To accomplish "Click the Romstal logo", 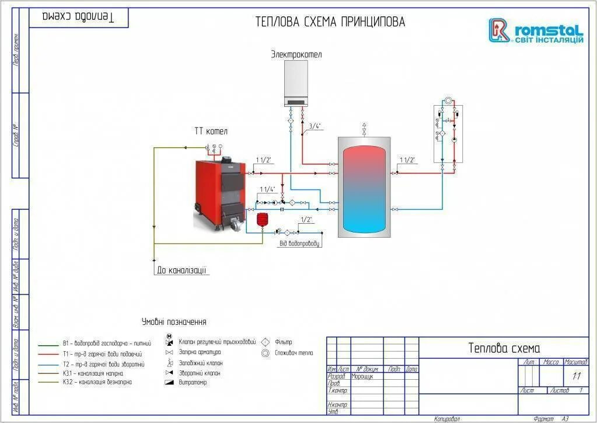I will point(535,31).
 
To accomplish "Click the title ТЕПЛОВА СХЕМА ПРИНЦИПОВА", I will point(330,22).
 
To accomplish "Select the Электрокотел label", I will point(296,54).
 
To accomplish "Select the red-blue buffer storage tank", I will point(364,188).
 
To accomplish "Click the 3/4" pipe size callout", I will point(315,126).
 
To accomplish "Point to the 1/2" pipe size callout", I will point(306,220).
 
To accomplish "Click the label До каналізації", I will point(181,271).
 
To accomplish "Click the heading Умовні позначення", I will point(174,322).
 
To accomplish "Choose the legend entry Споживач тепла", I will point(295,353).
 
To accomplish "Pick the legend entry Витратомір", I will point(193,383).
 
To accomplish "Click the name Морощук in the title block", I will point(362,376).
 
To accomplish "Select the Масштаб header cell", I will point(575,362).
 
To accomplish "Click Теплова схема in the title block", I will point(504,348).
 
